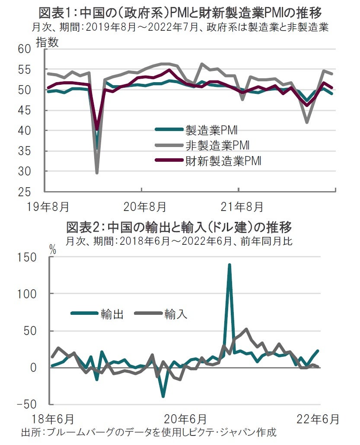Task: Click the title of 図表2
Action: tap(179, 227)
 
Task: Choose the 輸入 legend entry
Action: tap(175, 314)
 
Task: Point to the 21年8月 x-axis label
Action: tap(242, 207)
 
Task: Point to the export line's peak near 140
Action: tap(229, 264)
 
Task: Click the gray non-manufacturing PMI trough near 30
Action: tap(97, 173)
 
